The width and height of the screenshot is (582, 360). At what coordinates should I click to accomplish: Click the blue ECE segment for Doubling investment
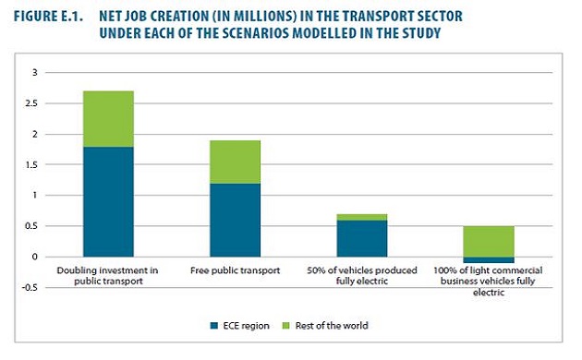coord(108,201)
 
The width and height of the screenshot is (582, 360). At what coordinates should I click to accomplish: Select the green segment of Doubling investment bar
coord(108,118)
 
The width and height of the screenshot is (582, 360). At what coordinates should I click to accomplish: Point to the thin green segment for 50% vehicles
coord(361,217)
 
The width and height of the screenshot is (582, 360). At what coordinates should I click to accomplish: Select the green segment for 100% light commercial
coord(488,241)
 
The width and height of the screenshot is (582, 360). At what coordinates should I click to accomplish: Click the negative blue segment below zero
coord(488,260)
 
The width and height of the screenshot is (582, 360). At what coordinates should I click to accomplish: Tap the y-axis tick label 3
coord(36,73)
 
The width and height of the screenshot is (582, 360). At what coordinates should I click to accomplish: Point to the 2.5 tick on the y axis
coord(33,103)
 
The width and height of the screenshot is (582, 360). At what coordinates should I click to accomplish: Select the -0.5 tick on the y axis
coord(32,287)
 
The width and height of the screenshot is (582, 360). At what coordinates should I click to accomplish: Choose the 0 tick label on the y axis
coord(36,257)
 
